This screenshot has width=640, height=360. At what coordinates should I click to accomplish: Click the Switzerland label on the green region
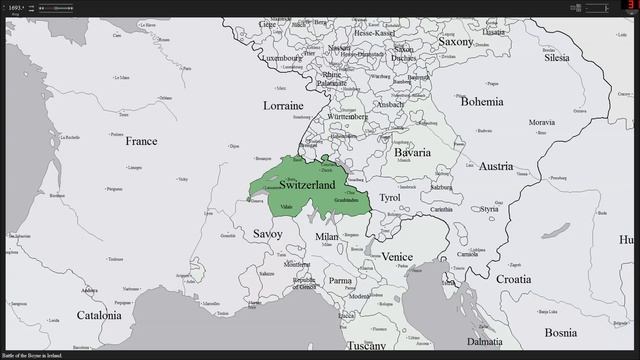click(x=307, y=185)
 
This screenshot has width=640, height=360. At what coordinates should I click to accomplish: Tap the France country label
click(x=141, y=142)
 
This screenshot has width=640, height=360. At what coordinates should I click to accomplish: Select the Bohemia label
click(x=481, y=101)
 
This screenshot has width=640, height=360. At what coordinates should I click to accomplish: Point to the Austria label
click(x=495, y=166)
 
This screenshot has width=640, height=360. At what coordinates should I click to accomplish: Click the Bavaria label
click(x=412, y=152)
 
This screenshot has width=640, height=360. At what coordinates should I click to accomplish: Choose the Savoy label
click(x=267, y=233)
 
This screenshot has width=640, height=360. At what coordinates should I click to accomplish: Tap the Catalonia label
click(x=98, y=315)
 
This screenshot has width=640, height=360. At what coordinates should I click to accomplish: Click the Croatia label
click(x=512, y=279)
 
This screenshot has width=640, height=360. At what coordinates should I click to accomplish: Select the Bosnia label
click(x=560, y=332)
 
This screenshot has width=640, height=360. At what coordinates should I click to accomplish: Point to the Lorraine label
click(x=283, y=105)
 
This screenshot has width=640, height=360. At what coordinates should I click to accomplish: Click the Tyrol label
click(x=389, y=198)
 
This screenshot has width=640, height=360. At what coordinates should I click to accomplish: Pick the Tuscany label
click(x=366, y=346)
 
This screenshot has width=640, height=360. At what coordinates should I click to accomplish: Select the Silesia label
click(x=557, y=58)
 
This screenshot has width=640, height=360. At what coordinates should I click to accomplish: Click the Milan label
click(x=327, y=237)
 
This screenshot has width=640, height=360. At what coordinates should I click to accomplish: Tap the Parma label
click(x=341, y=281)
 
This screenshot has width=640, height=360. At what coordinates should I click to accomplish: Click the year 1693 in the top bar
click(x=14, y=7)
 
